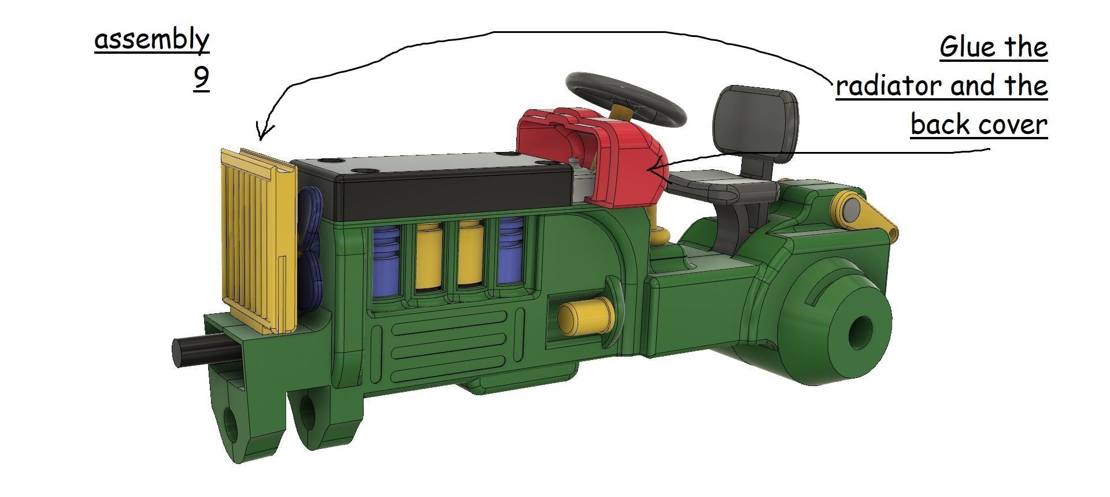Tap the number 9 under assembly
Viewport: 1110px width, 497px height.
pos(201,78)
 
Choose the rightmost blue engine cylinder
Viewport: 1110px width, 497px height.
pos(510,254)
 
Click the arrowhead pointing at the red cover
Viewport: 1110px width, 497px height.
pos(653,169)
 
